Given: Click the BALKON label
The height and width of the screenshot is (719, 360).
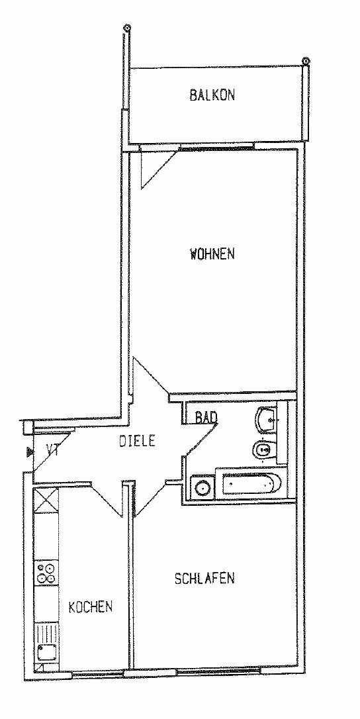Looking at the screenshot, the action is pos(212,95).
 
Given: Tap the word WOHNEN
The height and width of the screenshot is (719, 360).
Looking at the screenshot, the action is pos(212,254).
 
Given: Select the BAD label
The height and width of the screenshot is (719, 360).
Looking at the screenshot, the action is pos(206,417).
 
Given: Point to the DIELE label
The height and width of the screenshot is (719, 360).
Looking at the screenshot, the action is pos(137,441).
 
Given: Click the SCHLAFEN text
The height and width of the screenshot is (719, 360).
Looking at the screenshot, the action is pos(204,578).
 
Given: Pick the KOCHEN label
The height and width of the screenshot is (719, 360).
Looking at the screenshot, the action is pos(91,607).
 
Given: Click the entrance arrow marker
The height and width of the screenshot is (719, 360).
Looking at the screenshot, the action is pos(30,452).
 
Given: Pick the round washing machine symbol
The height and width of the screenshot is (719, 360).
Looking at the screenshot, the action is pos(202,487).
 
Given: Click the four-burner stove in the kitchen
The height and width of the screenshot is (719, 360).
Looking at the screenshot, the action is pos(46,572).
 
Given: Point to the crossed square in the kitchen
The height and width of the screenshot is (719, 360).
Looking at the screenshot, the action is pos(46,501).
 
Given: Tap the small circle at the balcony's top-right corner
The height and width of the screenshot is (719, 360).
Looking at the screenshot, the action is pos(306,60).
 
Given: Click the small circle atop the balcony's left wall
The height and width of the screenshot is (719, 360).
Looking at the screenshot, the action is pos(126,28).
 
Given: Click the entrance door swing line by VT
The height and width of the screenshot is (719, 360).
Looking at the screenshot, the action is pos(52,454).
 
